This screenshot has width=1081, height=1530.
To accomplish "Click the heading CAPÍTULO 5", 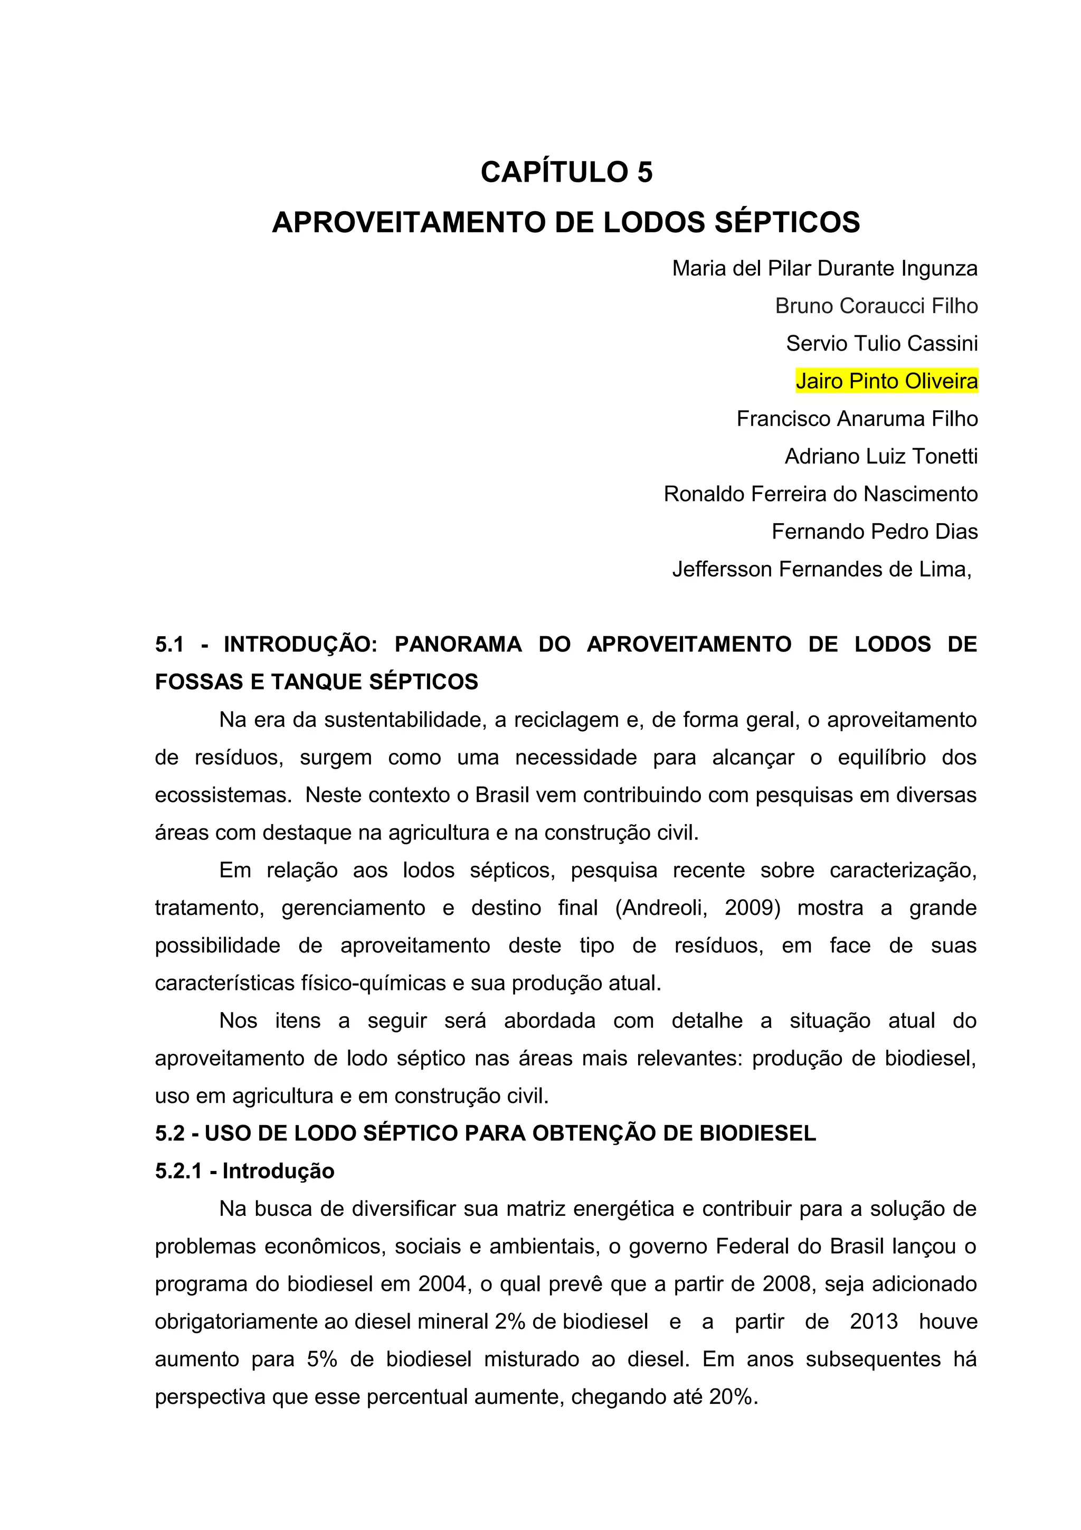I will [x=566, y=172].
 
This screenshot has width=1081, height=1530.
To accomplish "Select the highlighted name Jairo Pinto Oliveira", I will [x=887, y=381].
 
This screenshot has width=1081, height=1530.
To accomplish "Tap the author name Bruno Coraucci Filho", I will [x=876, y=306].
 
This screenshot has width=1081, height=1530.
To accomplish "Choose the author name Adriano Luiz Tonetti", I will [x=880, y=457].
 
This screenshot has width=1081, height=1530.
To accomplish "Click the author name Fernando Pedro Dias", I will [x=874, y=532].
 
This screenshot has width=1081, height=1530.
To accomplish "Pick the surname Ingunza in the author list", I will [x=939, y=269].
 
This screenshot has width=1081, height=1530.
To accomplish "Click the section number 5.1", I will [x=169, y=645].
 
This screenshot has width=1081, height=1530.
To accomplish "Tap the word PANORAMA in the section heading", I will [x=458, y=645].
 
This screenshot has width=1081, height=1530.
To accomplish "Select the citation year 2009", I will [x=752, y=908].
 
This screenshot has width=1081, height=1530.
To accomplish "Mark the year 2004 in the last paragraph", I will [x=442, y=1284].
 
